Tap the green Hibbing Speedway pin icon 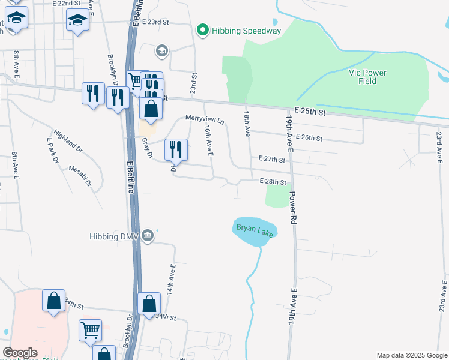203,29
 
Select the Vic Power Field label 367,77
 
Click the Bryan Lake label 255,230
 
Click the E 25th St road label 310,112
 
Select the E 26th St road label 309,139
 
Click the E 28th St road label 273,181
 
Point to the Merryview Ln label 205,119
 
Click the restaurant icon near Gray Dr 176,149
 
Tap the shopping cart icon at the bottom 90,329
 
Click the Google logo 20,353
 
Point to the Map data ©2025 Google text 411,355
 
